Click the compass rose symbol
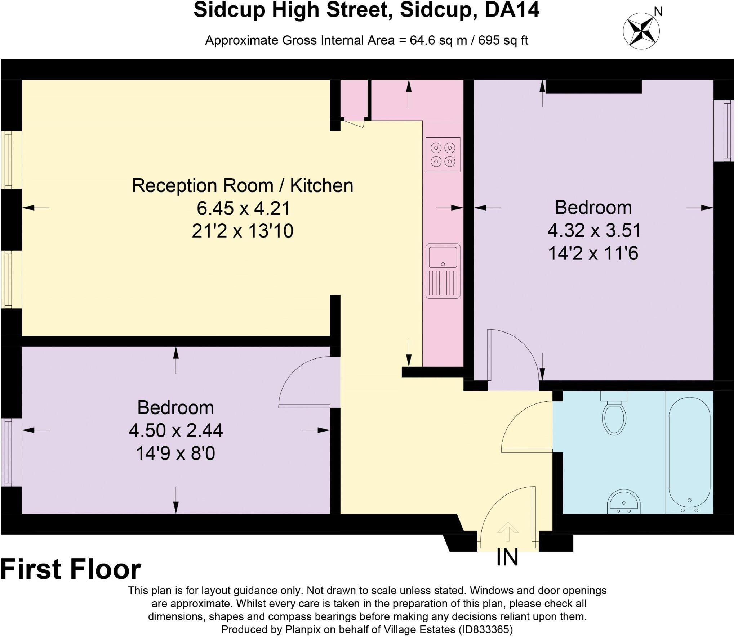coord(641,31)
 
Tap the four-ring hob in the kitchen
coord(443,154)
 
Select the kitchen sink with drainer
coord(443,271)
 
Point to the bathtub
coord(689,455)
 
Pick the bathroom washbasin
coord(624,501)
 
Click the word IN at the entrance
coord(507,557)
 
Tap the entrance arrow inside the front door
coord(508,532)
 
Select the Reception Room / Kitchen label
coord(243,186)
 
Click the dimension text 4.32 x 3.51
coord(594,230)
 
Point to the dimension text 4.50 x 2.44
coord(176,430)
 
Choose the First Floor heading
coord(71,569)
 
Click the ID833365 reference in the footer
coord(485,629)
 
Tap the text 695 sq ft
coord(503,40)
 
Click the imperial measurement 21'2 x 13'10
coord(243,231)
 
